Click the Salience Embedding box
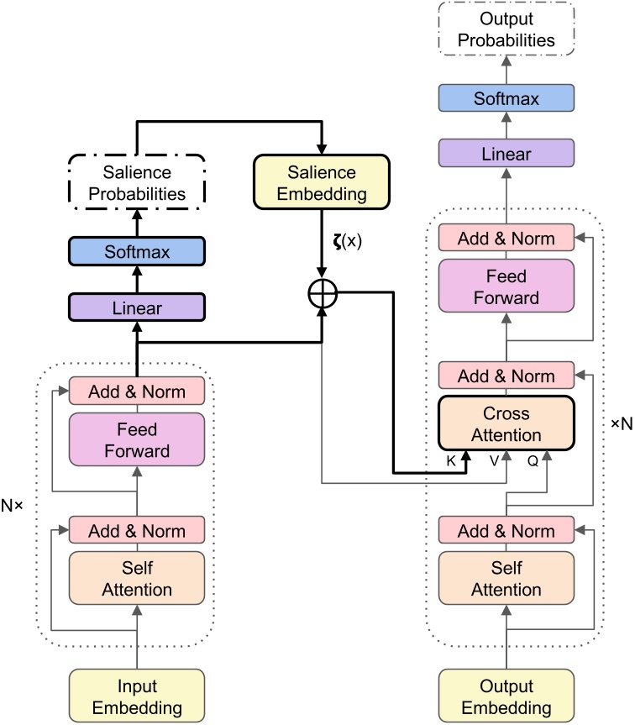(323, 183)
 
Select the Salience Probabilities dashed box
(137, 183)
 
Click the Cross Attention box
(506, 425)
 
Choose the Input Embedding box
(137, 696)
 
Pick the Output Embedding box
(506, 696)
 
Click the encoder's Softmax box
(137, 251)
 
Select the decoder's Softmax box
(506, 99)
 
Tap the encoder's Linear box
(137, 309)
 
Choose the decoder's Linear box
(506, 154)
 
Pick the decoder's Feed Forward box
(506, 287)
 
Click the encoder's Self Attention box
(137, 579)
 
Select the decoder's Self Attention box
(506, 579)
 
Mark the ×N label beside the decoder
(620, 423)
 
